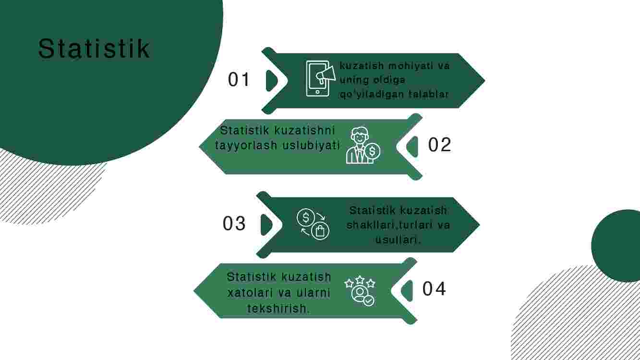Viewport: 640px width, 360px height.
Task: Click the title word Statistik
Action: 94,48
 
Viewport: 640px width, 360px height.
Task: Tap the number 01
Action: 239,79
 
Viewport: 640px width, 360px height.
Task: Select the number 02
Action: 439,144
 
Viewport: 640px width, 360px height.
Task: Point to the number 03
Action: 234,223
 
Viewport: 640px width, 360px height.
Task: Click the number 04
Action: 434,288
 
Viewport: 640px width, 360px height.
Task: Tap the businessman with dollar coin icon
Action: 363,145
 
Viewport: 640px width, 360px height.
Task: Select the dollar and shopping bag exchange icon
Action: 313,224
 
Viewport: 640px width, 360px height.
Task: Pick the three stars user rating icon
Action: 360,291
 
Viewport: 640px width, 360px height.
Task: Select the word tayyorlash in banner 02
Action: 246,145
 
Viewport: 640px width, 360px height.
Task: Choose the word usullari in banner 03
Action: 397,240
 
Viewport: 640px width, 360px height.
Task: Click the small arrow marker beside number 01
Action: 272,81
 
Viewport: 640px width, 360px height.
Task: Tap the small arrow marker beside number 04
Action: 407,291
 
